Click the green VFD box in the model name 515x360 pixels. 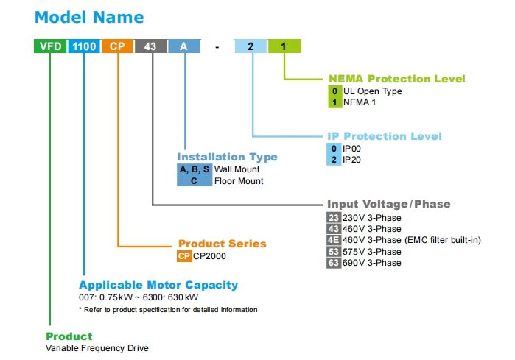tap(50, 46)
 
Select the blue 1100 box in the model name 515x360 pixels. tap(84, 46)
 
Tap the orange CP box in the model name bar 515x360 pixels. tap(117, 46)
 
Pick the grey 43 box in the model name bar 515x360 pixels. tap(150, 46)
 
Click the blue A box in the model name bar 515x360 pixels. tap(184, 46)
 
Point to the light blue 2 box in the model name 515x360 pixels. tap(251, 46)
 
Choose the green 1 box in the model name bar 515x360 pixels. tap(284, 46)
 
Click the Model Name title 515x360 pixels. tap(89, 17)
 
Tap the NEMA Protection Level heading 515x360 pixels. tap(397, 79)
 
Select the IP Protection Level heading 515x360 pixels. tap(385, 136)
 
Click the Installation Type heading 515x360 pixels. tap(227, 157)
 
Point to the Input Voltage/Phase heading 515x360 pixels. tap(388, 204)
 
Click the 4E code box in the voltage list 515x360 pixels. tap(334, 240)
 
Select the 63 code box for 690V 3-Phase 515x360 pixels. tap(334, 263)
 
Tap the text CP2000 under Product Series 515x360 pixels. tap(209, 256)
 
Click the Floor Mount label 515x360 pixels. tap(239, 181)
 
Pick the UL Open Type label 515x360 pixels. tap(373, 91)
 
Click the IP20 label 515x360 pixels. tap(351, 160)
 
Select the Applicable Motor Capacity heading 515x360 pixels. tap(158, 285)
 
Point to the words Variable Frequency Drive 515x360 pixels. tap(97, 348)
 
